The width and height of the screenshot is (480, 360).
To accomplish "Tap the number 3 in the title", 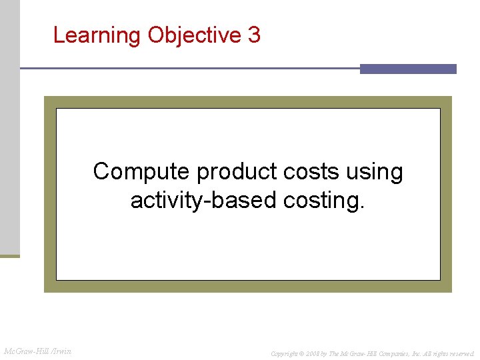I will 254,35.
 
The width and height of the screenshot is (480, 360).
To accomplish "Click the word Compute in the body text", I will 141,171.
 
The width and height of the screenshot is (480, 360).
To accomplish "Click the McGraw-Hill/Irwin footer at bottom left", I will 38,351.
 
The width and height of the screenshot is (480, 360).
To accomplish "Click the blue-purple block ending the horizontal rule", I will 408,69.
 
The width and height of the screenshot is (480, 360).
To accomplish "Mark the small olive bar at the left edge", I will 10,255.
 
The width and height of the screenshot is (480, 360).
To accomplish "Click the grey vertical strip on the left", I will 10,127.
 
